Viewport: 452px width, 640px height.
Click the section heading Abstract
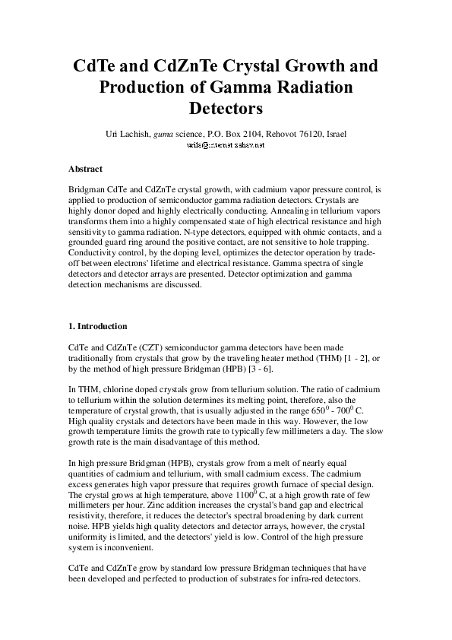pos(85,169)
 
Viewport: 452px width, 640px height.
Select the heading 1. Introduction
pos(98,326)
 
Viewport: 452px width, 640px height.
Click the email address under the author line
pos(226,144)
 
